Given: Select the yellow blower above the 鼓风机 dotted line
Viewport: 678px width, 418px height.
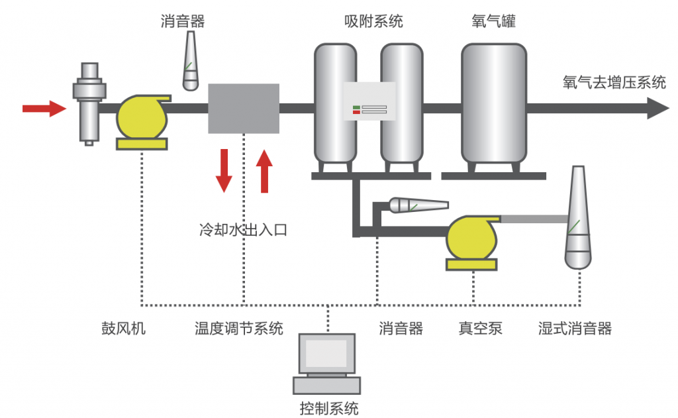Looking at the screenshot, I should click(x=142, y=117).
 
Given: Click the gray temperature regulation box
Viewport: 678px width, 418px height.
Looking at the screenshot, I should click(x=244, y=109).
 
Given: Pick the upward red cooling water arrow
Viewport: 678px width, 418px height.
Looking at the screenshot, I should click(x=264, y=170).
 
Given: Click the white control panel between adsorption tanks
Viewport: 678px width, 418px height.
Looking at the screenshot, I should click(x=369, y=101).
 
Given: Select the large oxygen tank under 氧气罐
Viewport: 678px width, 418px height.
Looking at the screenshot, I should click(x=493, y=103).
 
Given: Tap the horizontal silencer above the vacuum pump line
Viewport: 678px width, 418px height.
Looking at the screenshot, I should click(x=417, y=205).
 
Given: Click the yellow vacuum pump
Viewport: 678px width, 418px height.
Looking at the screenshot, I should click(x=471, y=240).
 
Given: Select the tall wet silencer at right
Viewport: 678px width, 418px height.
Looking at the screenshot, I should click(x=577, y=219).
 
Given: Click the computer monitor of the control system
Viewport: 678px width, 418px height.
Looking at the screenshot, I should click(x=327, y=354).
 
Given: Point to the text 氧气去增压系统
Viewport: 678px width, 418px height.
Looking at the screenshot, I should click(x=613, y=82).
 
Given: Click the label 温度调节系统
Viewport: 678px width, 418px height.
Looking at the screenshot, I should click(x=238, y=328).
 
